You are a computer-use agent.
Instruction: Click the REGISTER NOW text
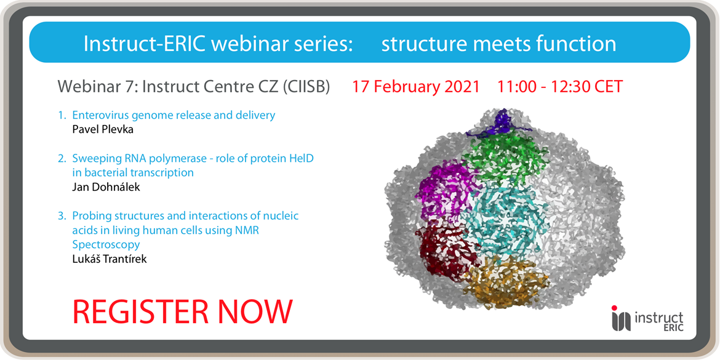(183, 311)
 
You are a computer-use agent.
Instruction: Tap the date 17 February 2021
(415, 87)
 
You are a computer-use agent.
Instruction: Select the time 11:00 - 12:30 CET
(560, 87)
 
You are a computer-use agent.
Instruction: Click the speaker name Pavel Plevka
(102, 129)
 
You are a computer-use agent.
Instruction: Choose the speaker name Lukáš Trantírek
(110, 258)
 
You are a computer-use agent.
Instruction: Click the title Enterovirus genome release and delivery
(173, 115)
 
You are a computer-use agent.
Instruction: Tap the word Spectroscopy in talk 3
(106, 244)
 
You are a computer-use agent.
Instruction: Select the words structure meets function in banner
(498, 44)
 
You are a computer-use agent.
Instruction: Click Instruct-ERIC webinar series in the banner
(218, 44)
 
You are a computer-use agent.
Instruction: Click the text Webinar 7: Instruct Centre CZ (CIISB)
(194, 87)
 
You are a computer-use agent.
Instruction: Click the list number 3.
(62, 216)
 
